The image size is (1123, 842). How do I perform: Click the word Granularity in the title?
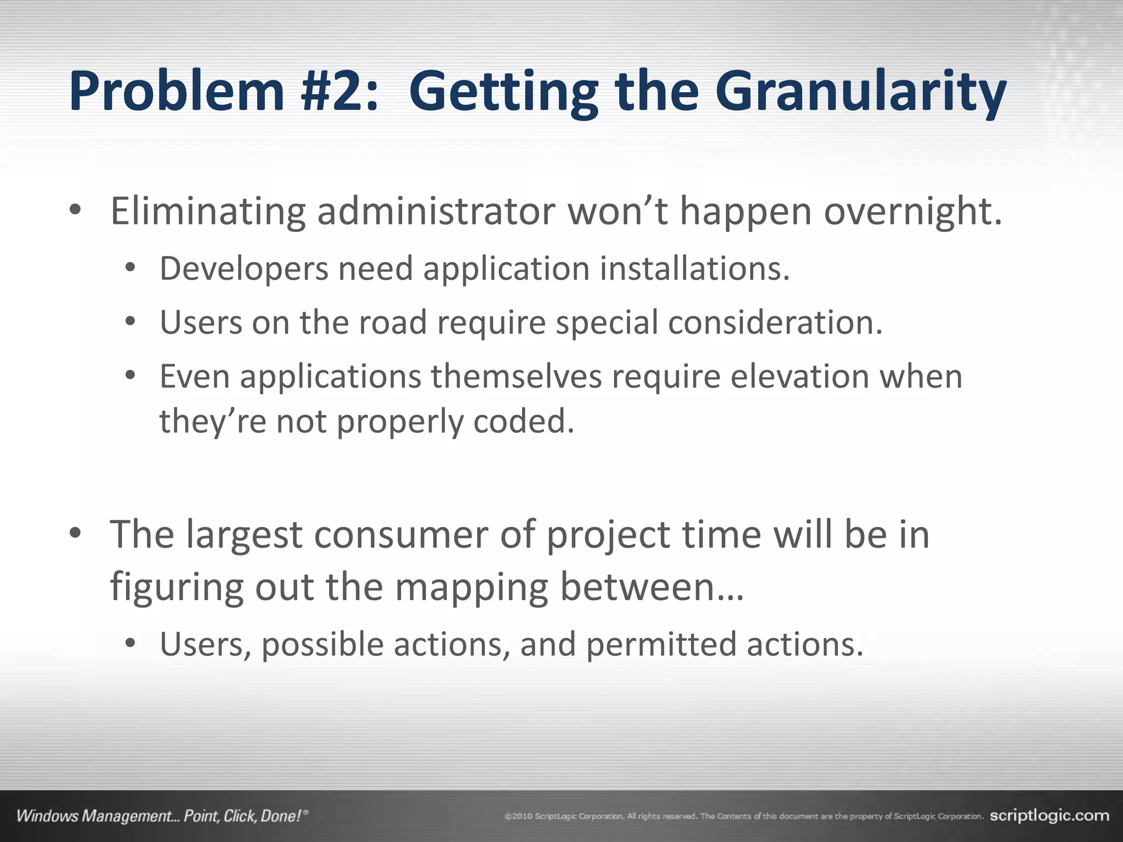pyautogui.click(x=860, y=92)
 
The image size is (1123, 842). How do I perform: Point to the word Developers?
pyautogui.click(x=243, y=269)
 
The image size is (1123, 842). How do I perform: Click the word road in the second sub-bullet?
pyautogui.click(x=392, y=322)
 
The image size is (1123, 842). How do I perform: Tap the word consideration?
pyautogui.click(x=775, y=322)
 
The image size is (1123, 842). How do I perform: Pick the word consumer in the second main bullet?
pyautogui.click(x=400, y=534)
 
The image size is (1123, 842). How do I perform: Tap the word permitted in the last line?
pyautogui.click(x=661, y=644)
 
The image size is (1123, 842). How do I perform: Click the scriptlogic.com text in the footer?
pyautogui.click(x=1049, y=816)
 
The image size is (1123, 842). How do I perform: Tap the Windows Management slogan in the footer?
pyautogui.click(x=162, y=816)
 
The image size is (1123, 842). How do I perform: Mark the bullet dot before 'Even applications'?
pyautogui.click(x=130, y=376)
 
